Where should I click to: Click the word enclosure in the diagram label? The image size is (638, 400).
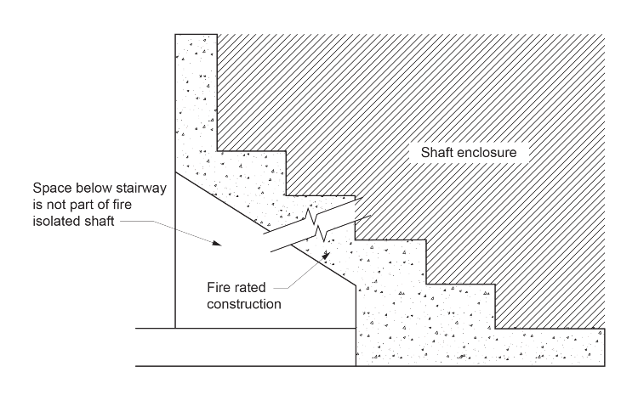489,154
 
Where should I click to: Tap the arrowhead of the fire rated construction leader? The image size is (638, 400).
327,251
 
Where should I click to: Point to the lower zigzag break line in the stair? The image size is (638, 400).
317,231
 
